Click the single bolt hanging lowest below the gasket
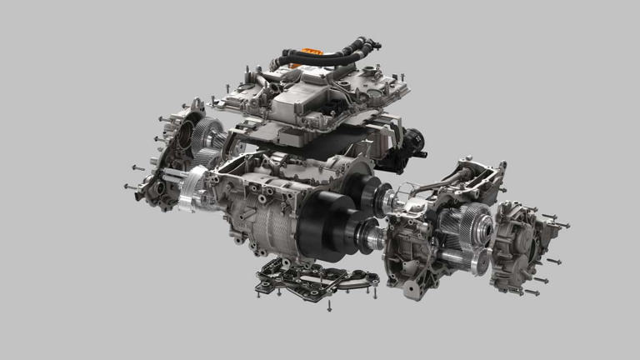329,307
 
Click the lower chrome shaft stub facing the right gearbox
370,242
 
